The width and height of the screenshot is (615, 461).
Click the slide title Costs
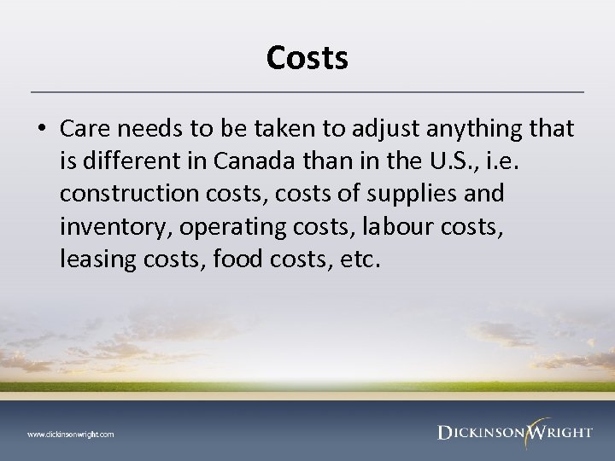pyautogui.click(x=307, y=58)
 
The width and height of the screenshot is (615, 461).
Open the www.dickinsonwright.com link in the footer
pyautogui.click(x=70, y=434)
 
